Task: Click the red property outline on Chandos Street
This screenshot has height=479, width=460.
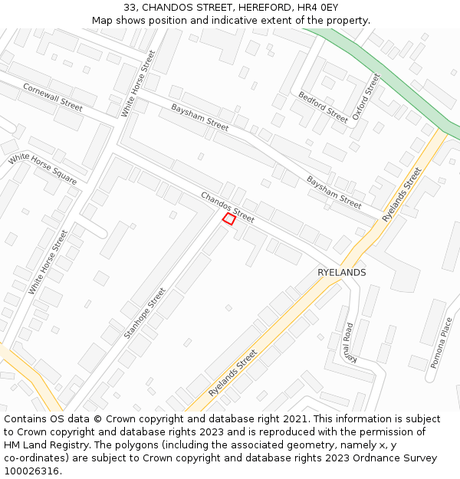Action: click(228, 219)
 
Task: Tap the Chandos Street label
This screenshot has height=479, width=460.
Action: click(227, 207)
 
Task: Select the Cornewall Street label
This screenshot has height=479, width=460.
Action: click(52, 97)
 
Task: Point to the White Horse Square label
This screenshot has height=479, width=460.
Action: click(42, 169)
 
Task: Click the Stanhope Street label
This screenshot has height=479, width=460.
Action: click(144, 313)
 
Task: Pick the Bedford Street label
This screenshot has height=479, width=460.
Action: click(323, 107)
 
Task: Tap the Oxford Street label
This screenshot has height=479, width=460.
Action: click(366, 97)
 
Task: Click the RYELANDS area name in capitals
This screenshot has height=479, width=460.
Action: click(341, 273)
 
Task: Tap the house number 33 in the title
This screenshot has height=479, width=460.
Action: click(130, 7)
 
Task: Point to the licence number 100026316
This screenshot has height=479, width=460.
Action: click(31, 471)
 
